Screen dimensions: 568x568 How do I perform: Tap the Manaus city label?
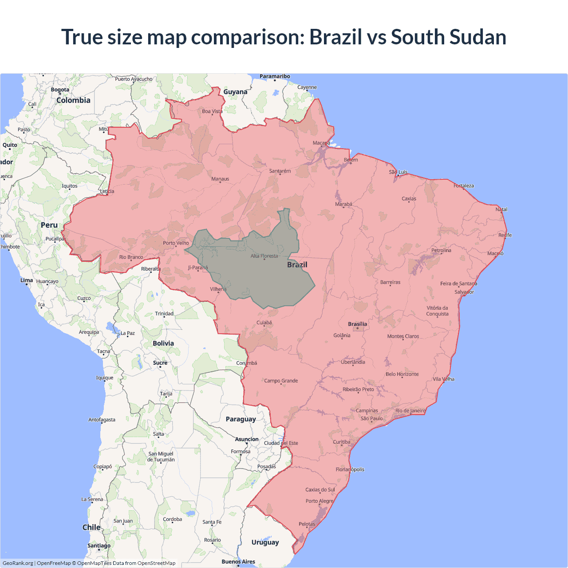[x=220, y=179]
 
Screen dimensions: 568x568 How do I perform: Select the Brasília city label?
[x=357, y=324]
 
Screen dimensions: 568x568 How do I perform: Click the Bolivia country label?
[x=163, y=343]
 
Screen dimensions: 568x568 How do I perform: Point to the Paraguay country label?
[x=241, y=419]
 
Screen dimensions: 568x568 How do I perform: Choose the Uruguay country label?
[x=265, y=542]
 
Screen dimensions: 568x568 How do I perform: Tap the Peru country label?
[x=49, y=225]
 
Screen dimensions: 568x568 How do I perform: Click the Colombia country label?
[x=73, y=100]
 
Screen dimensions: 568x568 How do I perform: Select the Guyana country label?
[x=235, y=92]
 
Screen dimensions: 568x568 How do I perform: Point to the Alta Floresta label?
[x=264, y=256]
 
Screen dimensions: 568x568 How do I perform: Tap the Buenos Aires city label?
[x=238, y=561]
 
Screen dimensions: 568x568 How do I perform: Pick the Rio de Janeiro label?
[x=410, y=410]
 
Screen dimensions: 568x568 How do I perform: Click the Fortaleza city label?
[x=464, y=185]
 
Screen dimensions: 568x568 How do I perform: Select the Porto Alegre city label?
[x=319, y=501]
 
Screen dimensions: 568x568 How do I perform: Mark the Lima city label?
[x=27, y=280]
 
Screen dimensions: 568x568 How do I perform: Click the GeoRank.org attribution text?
[x=18, y=563]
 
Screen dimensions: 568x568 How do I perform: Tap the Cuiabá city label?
[x=264, y=323]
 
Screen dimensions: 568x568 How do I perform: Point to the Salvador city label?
[x=464, y=292]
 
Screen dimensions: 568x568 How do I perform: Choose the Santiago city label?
[x=99, y=545]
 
